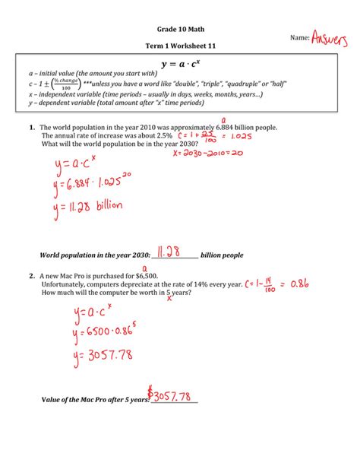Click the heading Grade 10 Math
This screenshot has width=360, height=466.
pos(179,29)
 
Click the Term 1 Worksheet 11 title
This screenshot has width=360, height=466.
pos(179,47)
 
